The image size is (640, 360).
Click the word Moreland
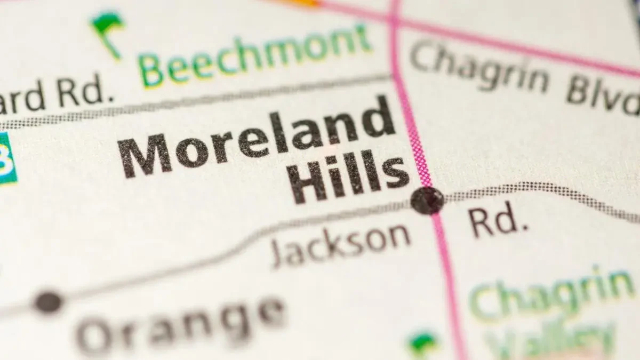click(256, 141)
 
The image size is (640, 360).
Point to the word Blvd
click(603, 96)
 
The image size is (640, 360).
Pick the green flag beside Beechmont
click(108, 29)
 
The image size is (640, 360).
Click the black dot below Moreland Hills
click(427, 201)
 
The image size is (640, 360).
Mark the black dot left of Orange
click(48, 302)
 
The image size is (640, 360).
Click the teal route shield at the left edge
click(6, 159)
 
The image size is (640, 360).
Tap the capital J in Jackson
click(280, 253)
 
